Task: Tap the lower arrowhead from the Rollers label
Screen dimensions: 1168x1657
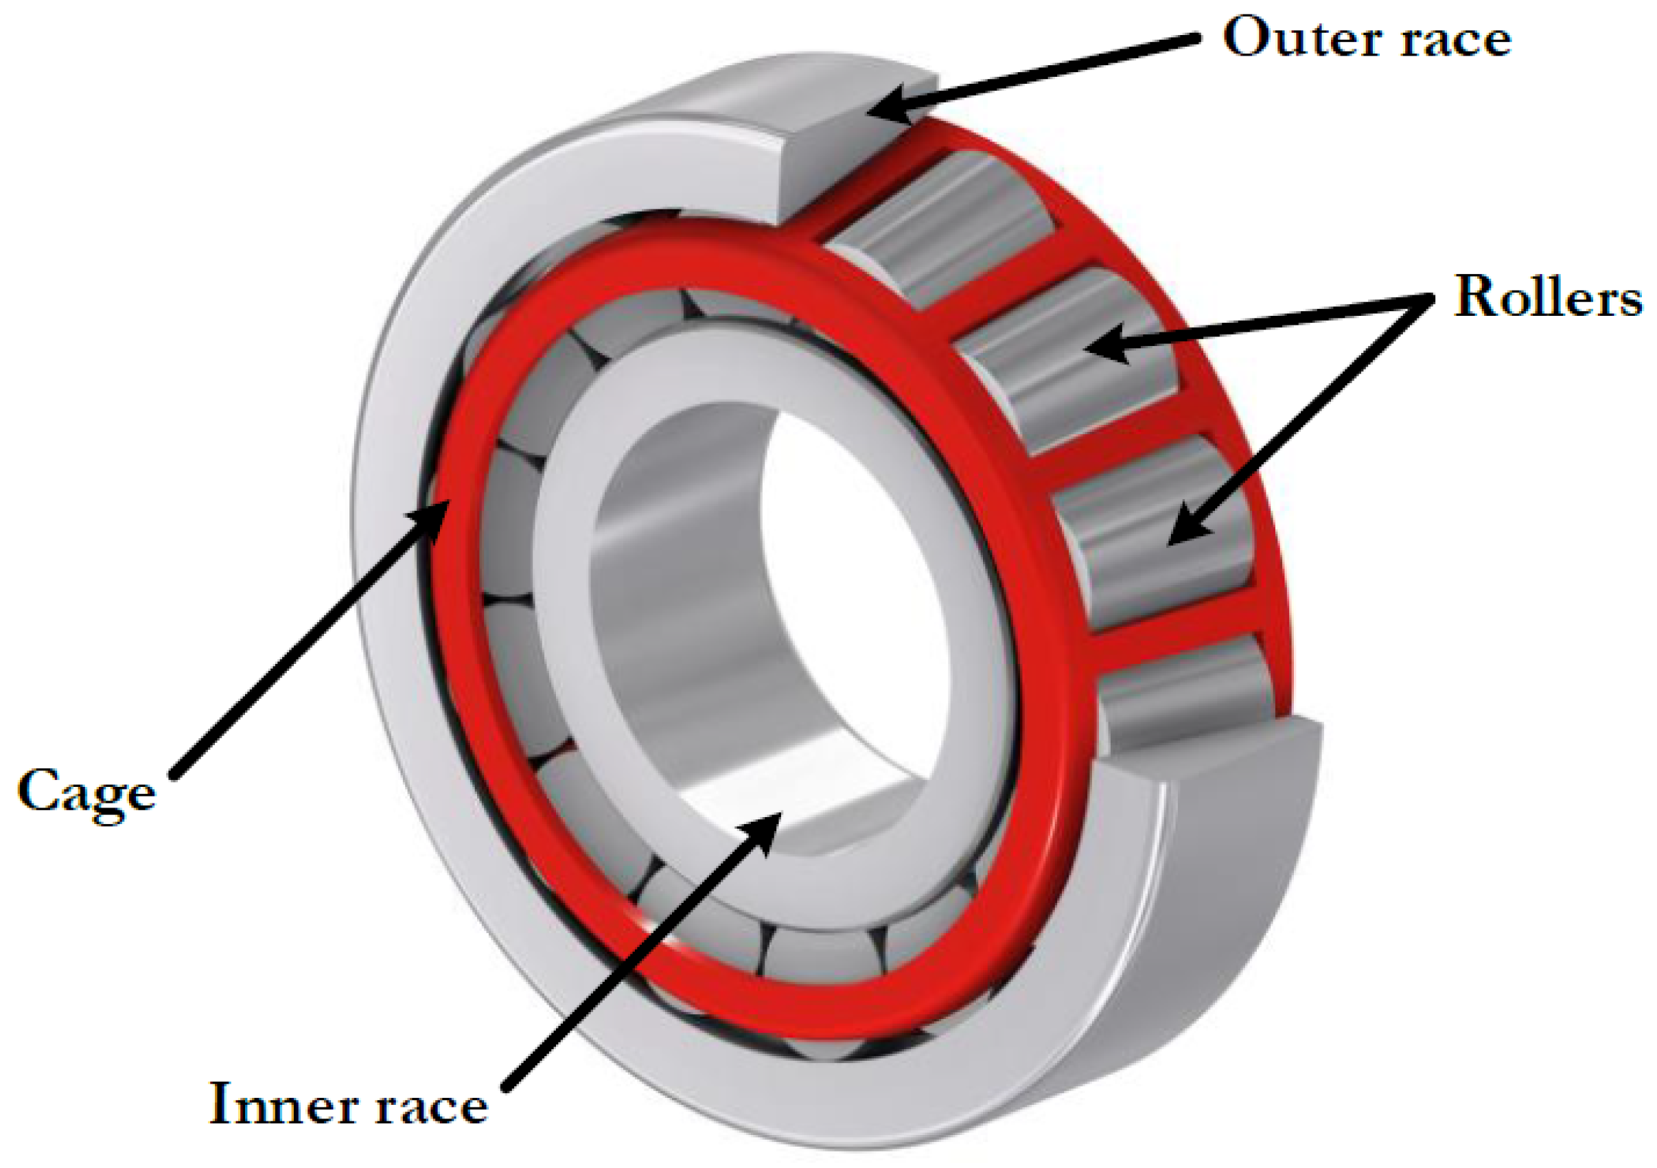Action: tap(1183, 531)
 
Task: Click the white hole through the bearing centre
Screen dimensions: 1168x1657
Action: tap(852, 577)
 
